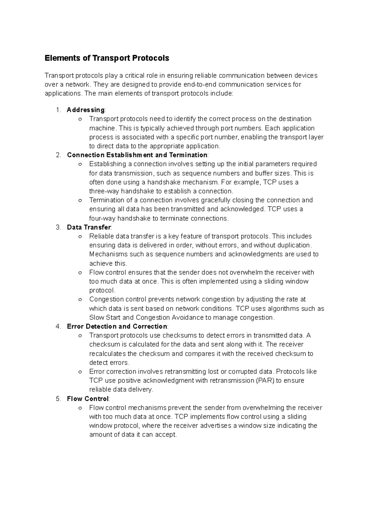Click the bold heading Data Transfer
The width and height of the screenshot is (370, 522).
[x=89, y=227]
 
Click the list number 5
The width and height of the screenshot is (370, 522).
[x=59, y=399]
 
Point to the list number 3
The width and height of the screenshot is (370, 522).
[x=59, y=227]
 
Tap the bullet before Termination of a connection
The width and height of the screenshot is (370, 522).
[x=80, y=201]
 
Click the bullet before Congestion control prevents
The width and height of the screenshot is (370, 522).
[x=80, y=300]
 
